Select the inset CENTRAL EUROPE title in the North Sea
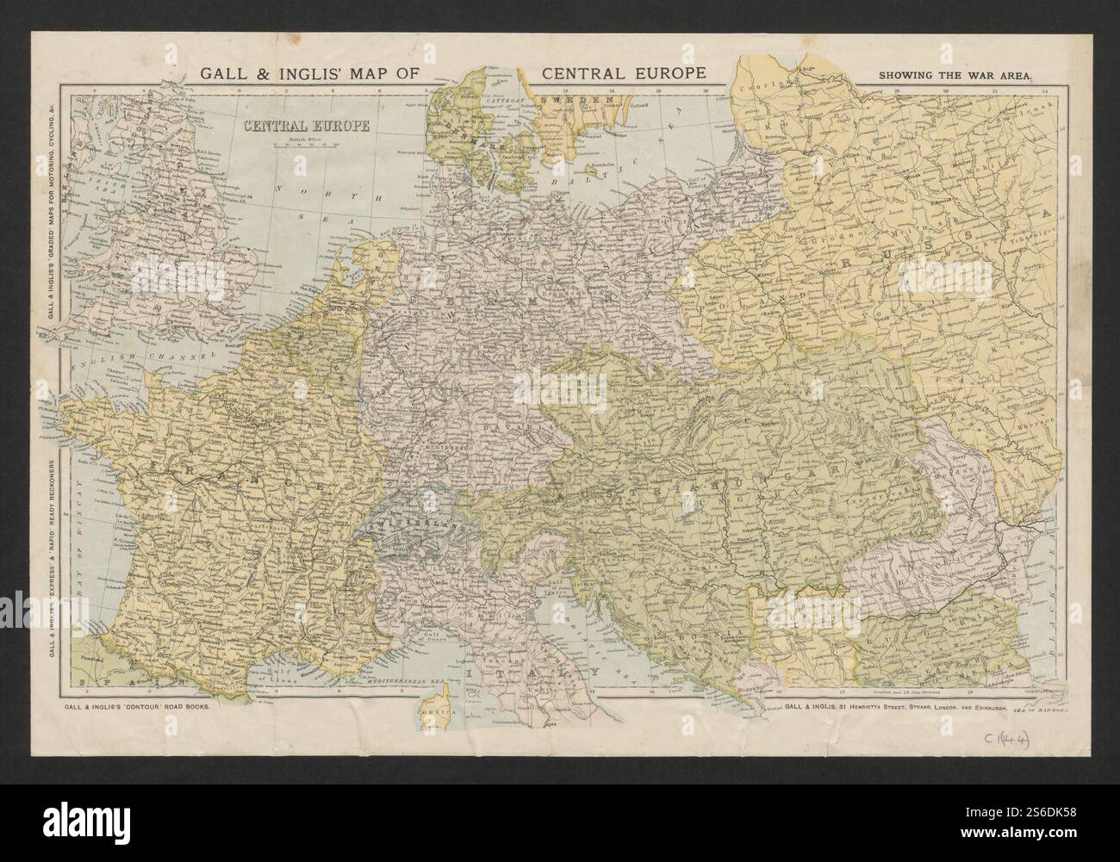(307, 126)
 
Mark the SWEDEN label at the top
(576, 101)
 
